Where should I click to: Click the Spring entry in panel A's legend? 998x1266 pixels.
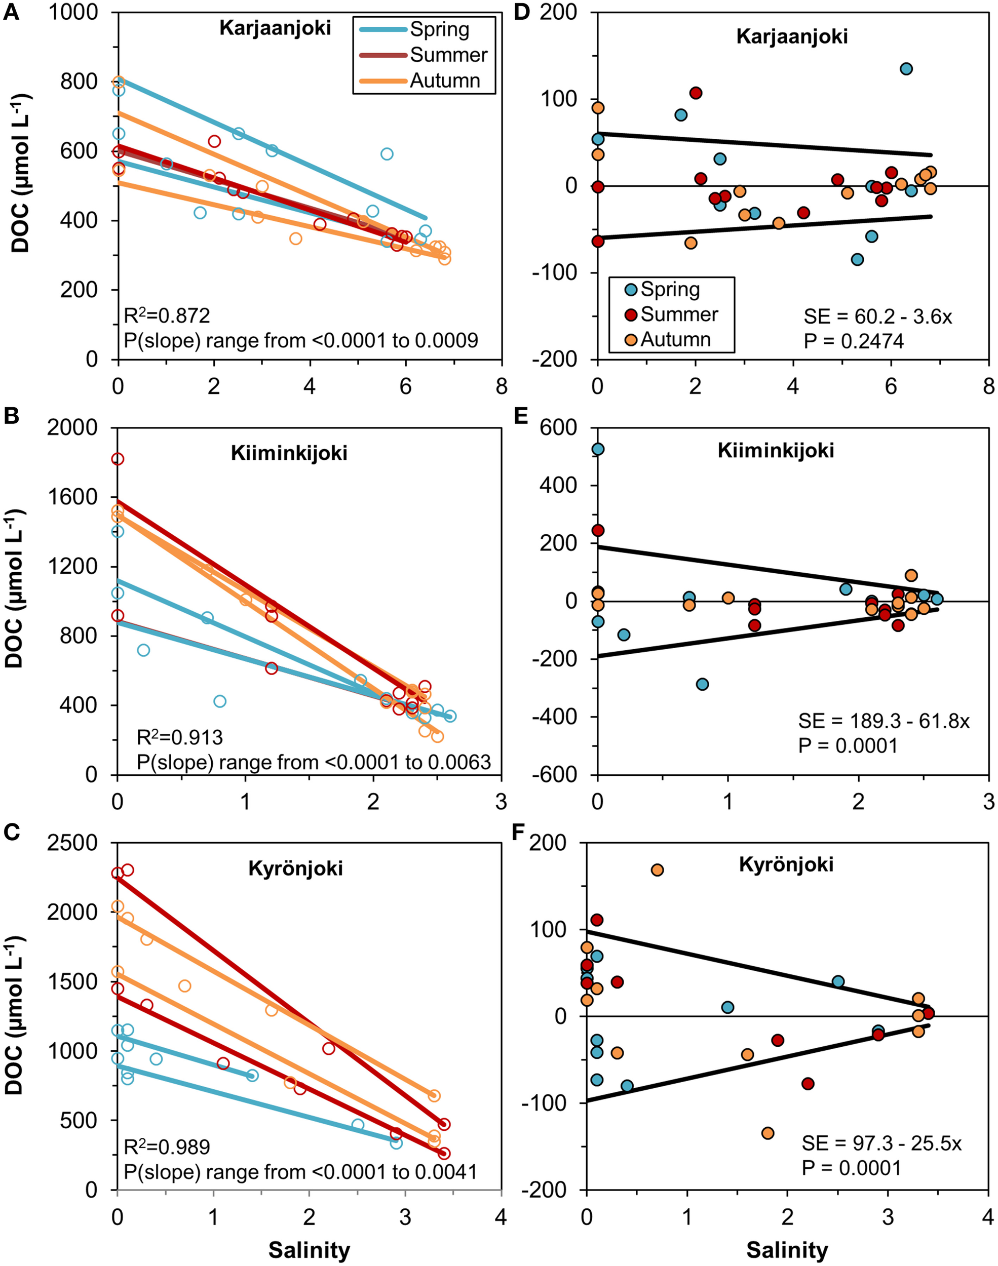[x=439, y=29]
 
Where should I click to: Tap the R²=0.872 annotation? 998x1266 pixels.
[x=167, y=316]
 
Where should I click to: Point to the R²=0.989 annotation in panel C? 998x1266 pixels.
[x=167, y=1147]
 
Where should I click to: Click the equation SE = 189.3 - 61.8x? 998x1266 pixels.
[x=884, y=721]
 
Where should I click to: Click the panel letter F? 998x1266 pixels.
[x=518, y=833]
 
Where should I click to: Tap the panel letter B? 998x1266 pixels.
[x=11, y=416]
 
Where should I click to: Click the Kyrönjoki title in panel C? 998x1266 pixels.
[x=296, y=868]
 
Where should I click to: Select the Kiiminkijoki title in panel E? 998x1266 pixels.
[x=776, y=451]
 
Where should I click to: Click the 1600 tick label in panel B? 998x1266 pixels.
[x=72, y=497]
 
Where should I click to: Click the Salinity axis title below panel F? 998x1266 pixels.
[x=787, y=1250]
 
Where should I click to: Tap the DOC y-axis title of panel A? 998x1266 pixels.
[x=21, y=175]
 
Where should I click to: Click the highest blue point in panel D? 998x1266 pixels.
[x=906, y=69]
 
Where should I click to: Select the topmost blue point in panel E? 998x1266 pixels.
[x=598, y=449]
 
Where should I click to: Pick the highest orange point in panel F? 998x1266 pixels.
[x=658, y=870]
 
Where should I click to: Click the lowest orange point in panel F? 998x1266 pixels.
[x=768, y=1133]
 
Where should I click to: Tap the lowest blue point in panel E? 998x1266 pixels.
[x=702, y=684]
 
